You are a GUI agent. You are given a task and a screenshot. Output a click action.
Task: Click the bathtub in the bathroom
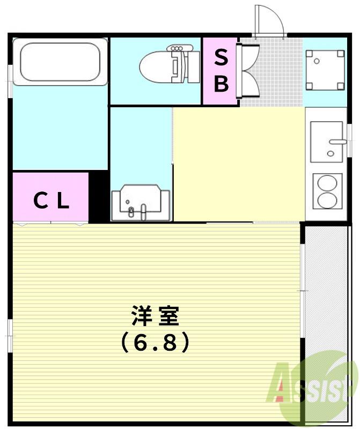click(x=60, y=62)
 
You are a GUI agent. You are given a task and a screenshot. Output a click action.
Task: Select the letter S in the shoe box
click(x=221, y=57)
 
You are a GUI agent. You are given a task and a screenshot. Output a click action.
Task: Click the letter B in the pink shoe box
click(x=221, y=83)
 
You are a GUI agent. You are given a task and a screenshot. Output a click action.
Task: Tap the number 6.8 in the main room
click(x=155, y=342)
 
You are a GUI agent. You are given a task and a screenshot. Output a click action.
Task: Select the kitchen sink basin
click(x=326, y=142)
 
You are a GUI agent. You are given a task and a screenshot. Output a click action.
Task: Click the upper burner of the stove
click(x=327, y=183)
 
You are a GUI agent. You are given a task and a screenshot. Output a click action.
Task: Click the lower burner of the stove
click(x=327, y=200)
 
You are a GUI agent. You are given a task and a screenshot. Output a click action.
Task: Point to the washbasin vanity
click(x=141, y=203)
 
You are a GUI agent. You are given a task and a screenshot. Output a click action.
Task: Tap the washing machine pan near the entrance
click(x=325, y=70)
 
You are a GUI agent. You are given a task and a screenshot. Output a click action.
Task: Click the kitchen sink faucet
click(x=337, y=142)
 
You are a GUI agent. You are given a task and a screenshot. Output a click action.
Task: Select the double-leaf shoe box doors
click(x=248, y=71)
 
